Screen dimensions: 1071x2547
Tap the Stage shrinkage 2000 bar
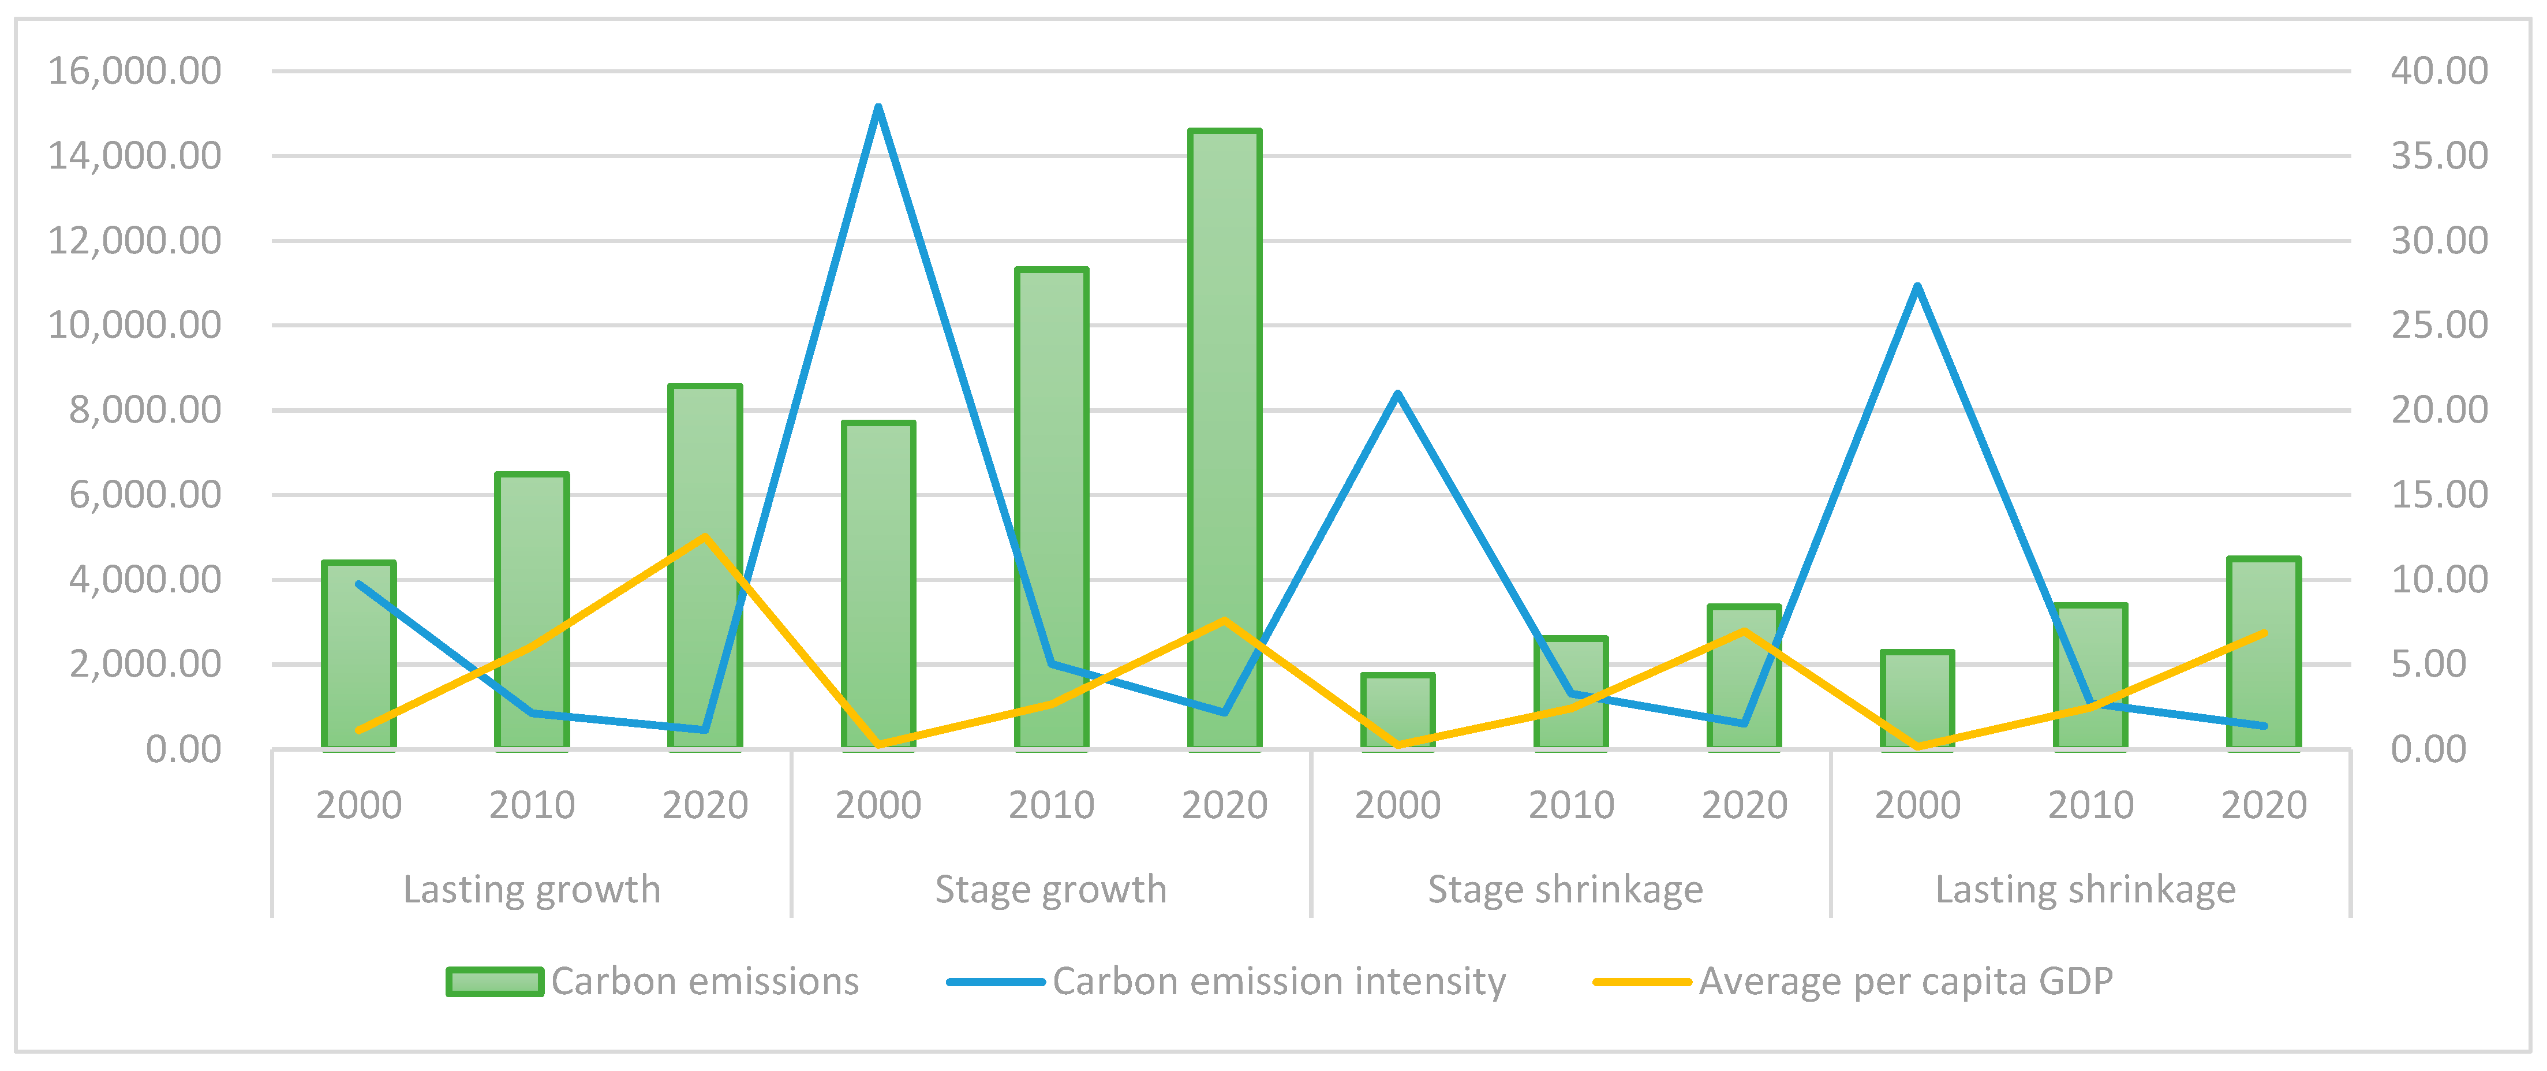(1397, 711)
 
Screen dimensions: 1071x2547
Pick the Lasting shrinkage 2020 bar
(2263, 652)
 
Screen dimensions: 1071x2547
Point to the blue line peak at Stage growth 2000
(878, 108)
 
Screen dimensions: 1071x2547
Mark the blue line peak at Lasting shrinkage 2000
(1917, 287)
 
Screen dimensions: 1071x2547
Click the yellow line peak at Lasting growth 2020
(705, 537)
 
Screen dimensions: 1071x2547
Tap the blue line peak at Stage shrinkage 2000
(1397, 394)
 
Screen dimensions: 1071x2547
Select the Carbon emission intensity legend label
(1278, 981)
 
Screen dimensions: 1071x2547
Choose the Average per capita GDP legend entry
(1905, 981)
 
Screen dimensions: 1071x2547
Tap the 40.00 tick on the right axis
(2438, 71)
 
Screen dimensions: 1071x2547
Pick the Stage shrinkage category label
(1565, 889)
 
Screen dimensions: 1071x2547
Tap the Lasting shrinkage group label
(2085, 889)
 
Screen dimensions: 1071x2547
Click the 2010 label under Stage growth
(1051, 805)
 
